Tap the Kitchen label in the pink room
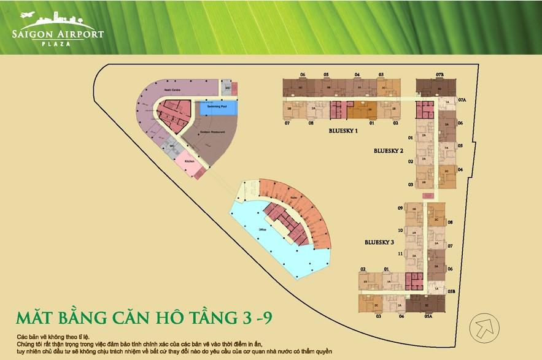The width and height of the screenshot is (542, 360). click(x=189, y=161)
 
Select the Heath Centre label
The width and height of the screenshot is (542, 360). click(x=171, y=90)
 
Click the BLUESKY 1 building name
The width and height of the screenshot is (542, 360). click(x=343, y=131)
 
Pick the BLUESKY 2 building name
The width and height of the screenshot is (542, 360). click(x=389, y=150)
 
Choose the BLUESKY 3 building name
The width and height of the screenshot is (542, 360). click(x=379, y=242)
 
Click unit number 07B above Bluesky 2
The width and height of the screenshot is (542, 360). click(x=439, y=75)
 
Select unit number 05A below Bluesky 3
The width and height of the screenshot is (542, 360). click(x=428, y=316)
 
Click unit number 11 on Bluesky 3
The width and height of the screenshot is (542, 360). click(x=400, y=253)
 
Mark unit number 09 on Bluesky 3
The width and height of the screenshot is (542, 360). click(x=400, y=209)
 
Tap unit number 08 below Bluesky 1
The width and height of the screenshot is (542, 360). click(x=311, y=123)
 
